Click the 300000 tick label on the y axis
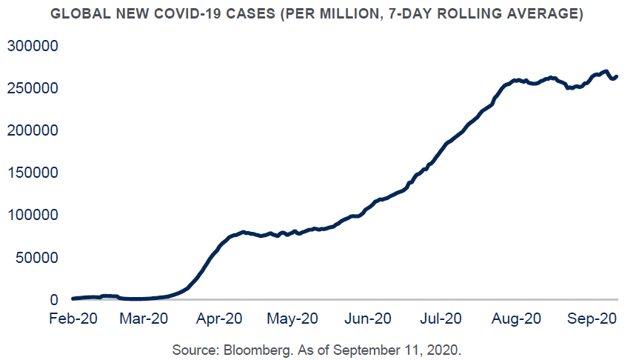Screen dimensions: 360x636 tap(33, 46)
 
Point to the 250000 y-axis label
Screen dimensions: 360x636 tap(33, 88)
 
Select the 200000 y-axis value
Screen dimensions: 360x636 tap(33, 130)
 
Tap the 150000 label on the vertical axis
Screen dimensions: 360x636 tap(33, 173)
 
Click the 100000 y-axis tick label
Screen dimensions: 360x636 tap(33, 216)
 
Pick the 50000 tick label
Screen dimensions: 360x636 tap(38, 258)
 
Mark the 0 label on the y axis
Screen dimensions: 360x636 tap(54, 300)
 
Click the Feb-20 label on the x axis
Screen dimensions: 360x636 tap(73, 319)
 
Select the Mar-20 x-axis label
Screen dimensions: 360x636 tap(146, 319)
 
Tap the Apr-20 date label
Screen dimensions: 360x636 tap(220, 319)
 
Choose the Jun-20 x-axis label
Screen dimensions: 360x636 tap(369, 319)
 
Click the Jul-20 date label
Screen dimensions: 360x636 tap(441, 319)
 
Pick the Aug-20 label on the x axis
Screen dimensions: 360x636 tap(516, 319)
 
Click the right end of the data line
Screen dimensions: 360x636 tap(617, 76)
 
